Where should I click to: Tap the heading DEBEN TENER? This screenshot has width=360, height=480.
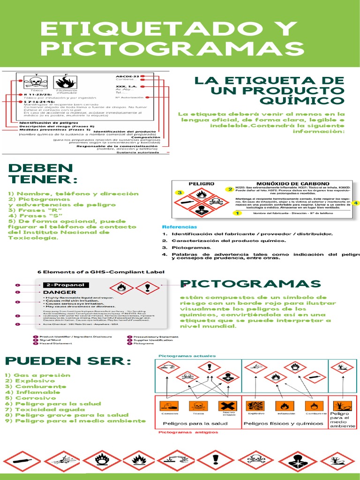coord(41,173)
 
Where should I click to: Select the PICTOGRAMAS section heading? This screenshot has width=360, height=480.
coord(250,284)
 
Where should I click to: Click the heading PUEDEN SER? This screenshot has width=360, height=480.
coord(68,361)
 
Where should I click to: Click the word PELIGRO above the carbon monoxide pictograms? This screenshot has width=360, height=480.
coord(201,184)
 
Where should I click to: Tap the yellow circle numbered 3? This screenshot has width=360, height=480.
coord(179,193)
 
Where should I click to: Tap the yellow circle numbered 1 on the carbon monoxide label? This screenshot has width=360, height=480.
coord(237,213)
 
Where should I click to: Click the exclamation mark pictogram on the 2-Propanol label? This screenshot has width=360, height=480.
coord(149,287)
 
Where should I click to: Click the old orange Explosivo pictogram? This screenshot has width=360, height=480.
coord(255,406)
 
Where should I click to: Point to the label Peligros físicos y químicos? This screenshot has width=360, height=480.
coord(283,424)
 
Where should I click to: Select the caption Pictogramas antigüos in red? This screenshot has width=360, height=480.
coord(182,433)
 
